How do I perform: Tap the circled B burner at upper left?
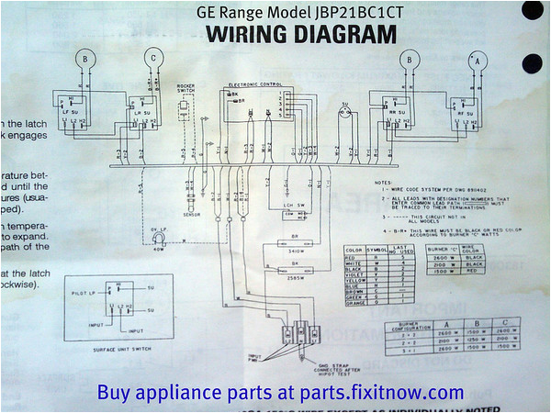(x=85, y=57)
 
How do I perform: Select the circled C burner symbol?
(x=153, y=57)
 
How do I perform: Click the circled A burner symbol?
(x=476, y=61)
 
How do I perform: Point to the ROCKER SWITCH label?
(x=189, y=90)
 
